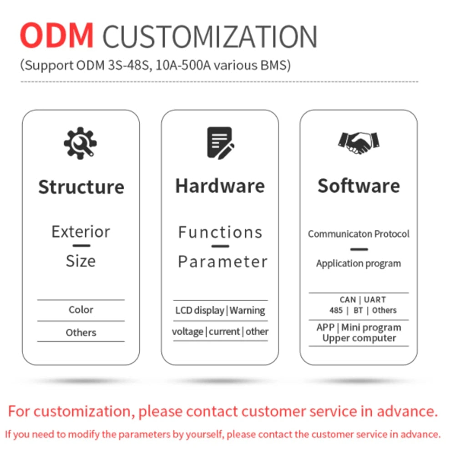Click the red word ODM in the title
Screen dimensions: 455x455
point(57,35)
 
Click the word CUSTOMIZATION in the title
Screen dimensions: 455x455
point(210,36)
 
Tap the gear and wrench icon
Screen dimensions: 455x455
point(81,143)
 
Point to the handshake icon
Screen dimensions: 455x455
point(359,143)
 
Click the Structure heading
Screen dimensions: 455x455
point(81,187)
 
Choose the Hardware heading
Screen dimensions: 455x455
point(220,186)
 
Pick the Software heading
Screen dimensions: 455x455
point(359,186)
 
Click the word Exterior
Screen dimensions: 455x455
point(81,232)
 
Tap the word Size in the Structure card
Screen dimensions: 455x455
point(81,261)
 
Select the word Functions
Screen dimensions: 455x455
point(220,233)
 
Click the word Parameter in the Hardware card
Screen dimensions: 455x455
point(222,262)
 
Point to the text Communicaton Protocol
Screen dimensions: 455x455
point(359,234)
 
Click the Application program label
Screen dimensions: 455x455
point(359,263)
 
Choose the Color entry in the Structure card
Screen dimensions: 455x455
point(81,310)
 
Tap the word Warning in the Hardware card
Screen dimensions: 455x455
point(247,310)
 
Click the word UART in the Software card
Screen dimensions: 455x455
point(375,300)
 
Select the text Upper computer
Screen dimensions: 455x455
point(359,339)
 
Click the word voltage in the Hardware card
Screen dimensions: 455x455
point(187,332)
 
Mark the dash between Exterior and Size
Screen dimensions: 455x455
point(81,246)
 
